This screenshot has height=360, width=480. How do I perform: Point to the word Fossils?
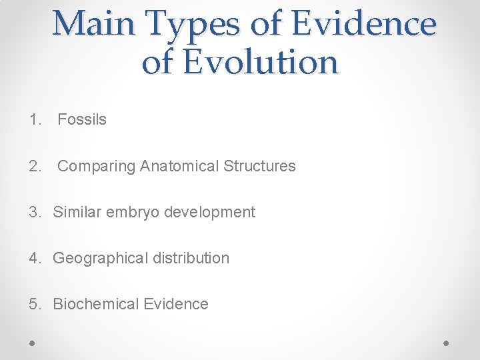[x=81, y=120]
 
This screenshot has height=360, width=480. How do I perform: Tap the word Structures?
[x=259, y=166]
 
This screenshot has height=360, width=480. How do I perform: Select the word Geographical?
[x=99, y=259]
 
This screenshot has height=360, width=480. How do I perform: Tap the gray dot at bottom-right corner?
[x=447, y=343]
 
